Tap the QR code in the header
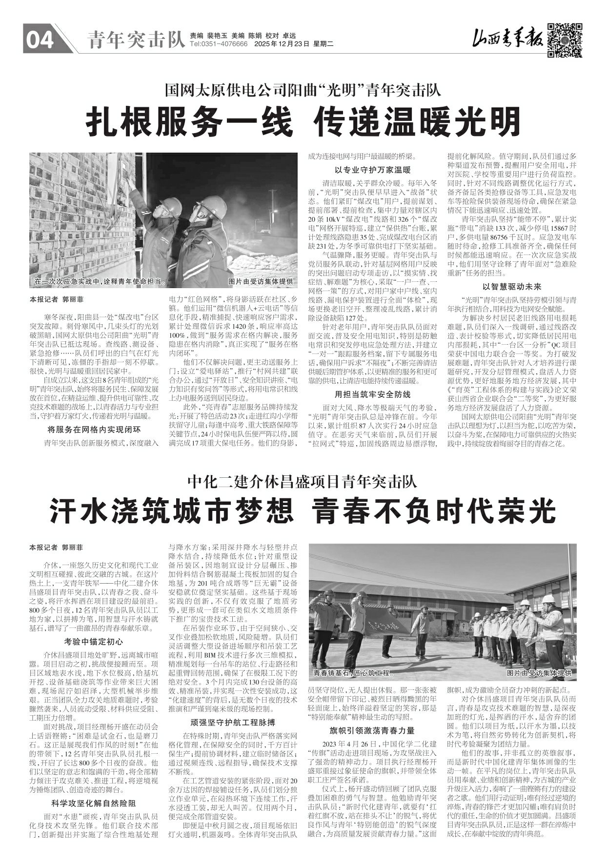tap(564, 39)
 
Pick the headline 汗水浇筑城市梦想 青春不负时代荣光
tap(303, 510)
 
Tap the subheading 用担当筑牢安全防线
tap(372, 394)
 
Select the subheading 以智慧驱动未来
tap(512, 287)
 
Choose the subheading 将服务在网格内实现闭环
tap(94, 430)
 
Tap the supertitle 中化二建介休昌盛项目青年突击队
tap(303, 483)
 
